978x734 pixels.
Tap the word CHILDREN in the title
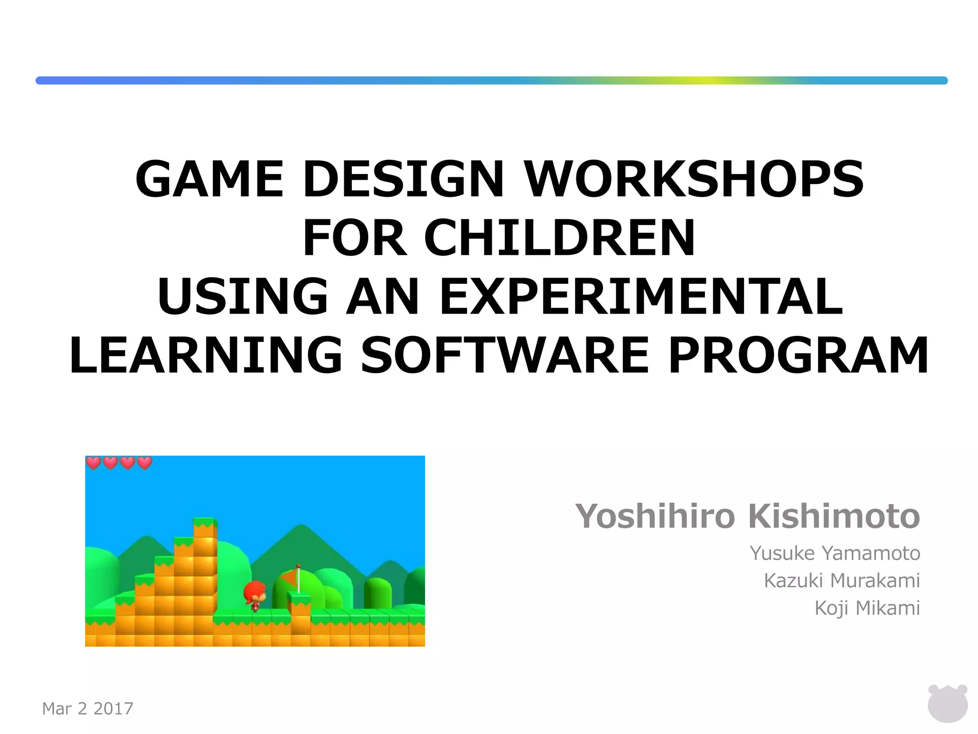pyautogui.click(x=559, y=237)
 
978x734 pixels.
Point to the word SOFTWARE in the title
pyautogui.click(x=505, y=356)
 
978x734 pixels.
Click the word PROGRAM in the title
pyautogui.click(x=798, y=356)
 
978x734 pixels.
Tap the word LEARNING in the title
pyautogui.click(x=206, y=356)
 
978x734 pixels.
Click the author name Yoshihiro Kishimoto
pyautogui.click(x=747, y=517)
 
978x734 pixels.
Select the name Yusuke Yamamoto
pyautogui.click(x=835, y=553)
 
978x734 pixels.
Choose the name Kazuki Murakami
pyautogui.click(x=842, y=581)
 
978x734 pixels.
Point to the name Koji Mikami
pyautogui.click(x=867, y=608)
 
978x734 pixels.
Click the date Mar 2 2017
pyautogui.click(x=88, y=708)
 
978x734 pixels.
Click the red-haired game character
pyautogui.click(x=255, y=595)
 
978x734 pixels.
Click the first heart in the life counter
pyautogui.click(x=94, y=463)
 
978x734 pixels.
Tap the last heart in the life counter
pyautogui.click(x=144, y=463)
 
